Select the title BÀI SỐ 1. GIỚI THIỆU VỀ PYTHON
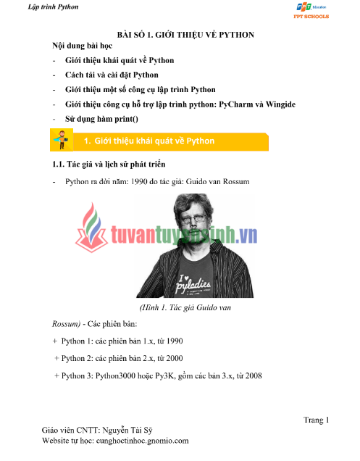coord(190,35)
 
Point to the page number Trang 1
coord(316,420)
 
